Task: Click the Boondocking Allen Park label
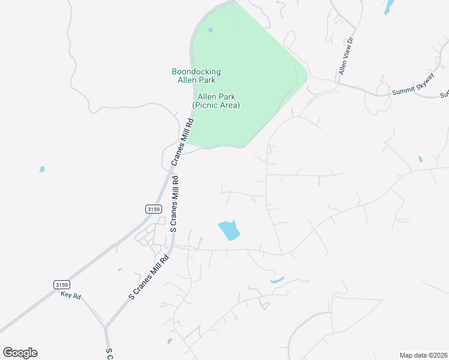[x=196, y=76]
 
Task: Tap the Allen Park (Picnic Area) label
[x=215, y=101]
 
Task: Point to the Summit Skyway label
[x=412, y=89]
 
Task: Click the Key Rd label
[x=71, y=295]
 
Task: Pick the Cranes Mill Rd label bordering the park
[x=182, y=142]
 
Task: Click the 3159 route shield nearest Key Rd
[x=61, y=284]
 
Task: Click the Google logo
[x=20, y=353]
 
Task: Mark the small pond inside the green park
[x=210, y=30]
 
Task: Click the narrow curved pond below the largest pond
[x=277, y=280]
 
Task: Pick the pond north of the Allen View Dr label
[x=390, y=7]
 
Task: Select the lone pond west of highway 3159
[x=42, y=169]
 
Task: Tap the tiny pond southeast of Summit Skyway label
[x=420, y=160]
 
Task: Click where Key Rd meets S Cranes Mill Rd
[x=105, y=327]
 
